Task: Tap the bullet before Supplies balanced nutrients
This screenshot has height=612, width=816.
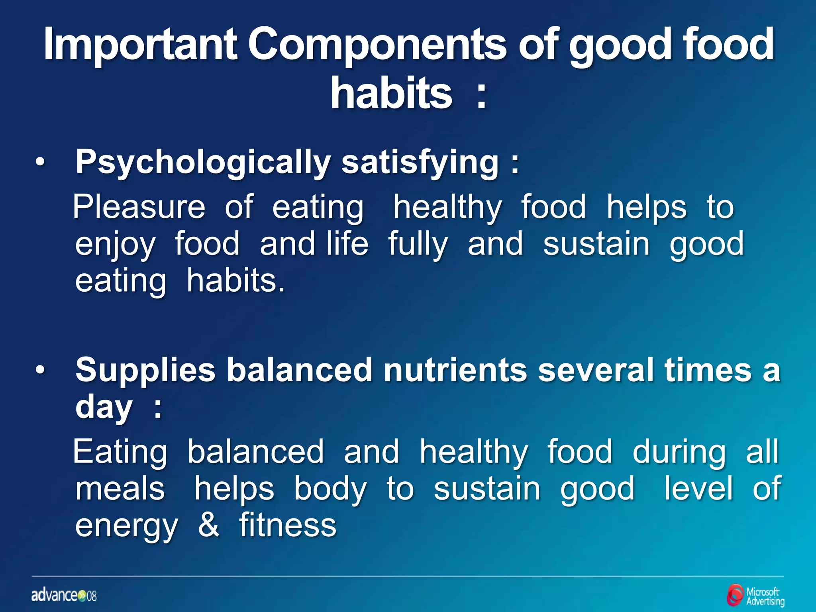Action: pos(40,371)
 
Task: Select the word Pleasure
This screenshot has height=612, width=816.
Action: pos(139,207)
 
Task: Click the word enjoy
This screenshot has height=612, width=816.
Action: pos(115,244)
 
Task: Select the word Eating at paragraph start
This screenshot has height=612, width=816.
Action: pos(120,452)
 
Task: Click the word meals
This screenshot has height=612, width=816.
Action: pos(120,489)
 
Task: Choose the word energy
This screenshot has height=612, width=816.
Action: pos(126,526)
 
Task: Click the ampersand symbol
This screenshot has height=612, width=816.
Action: pos(208,525)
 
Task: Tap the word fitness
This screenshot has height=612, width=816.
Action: pos(288,525)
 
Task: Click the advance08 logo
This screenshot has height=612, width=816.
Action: pos(64,596)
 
